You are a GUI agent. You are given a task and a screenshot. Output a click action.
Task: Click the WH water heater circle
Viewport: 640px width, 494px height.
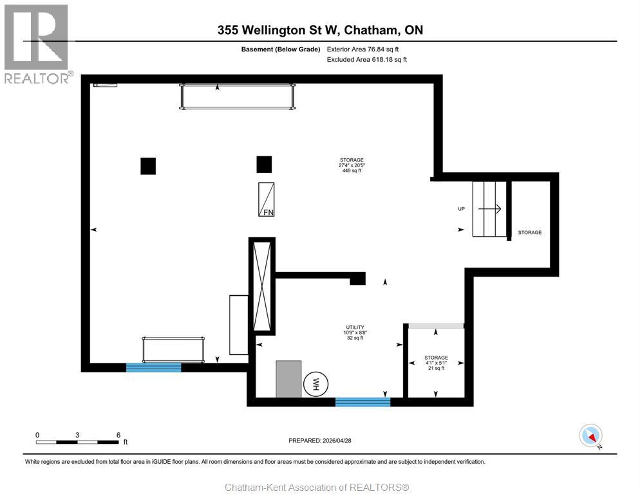click(316, 384)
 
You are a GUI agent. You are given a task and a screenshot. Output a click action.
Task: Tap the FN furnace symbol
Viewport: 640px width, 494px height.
click(267, 199)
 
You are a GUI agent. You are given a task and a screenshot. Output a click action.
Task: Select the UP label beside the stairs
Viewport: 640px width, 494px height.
click(461, 209)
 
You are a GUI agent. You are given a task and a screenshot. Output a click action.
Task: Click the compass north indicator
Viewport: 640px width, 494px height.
click(590, 435)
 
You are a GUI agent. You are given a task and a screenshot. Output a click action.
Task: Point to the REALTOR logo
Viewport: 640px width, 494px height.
click(37, 44)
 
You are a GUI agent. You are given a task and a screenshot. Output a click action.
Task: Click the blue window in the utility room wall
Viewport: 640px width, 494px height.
click(362, 402)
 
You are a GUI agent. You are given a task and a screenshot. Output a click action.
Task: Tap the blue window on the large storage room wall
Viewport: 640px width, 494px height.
click(153, 367)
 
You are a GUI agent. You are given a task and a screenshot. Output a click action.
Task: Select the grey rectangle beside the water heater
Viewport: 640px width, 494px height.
click(288, 379)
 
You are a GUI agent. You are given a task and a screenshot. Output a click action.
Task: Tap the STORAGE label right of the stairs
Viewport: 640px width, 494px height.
click(530, 232)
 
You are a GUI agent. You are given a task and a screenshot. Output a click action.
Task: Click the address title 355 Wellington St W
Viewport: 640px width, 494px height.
click(319, 30)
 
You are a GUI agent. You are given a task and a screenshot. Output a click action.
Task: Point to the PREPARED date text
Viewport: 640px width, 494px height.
click(320, 441)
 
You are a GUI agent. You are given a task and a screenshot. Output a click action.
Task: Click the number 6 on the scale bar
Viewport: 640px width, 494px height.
click(118, 435)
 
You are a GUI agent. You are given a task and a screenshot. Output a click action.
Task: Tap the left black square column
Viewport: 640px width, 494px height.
click(148, 166)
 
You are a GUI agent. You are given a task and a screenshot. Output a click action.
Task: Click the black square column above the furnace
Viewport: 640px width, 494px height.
click(264, 165)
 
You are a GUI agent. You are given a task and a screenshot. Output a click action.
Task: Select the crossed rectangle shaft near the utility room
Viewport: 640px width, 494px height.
click(262, 286)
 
